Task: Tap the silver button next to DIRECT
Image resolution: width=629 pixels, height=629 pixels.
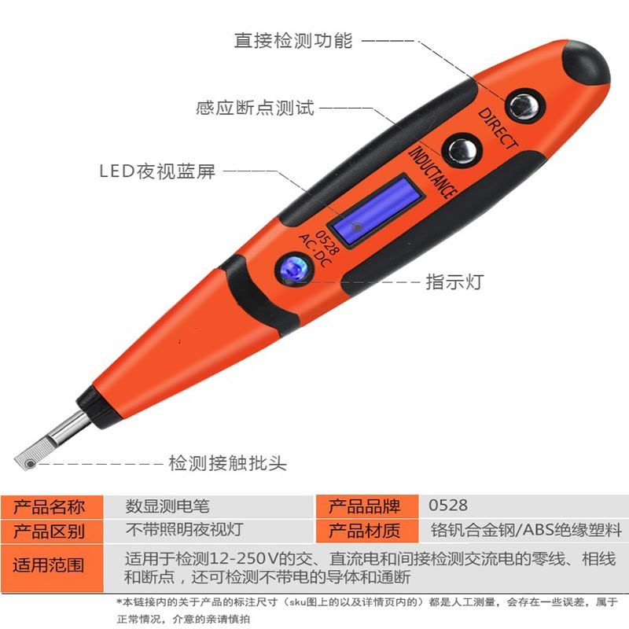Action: click(524, 106)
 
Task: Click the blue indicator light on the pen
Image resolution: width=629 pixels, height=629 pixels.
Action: click(293, 269)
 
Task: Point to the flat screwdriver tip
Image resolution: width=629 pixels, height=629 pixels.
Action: click(34, 455)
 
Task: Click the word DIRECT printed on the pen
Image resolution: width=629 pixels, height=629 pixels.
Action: click(498, 129)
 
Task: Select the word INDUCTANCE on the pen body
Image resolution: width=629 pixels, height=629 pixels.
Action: click(432, 173)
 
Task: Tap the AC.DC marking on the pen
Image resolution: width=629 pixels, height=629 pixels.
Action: click(315, 250)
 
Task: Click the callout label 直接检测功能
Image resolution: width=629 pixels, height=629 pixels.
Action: click(293, 41)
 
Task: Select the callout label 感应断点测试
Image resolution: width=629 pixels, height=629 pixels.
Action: click(255, 108)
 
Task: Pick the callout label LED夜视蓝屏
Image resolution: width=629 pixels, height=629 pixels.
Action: click(157, 171)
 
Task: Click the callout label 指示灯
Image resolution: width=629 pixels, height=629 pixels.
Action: click(454, 281)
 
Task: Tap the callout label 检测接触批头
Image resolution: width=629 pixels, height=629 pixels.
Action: click(227, 463)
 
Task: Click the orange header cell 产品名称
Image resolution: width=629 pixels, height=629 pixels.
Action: click(49, 507)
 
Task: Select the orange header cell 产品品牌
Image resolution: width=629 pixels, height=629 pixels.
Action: click(364, 506)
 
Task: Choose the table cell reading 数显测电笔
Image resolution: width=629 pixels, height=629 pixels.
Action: click(167, 506)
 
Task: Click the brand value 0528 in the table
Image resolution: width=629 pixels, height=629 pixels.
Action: click(447, 506)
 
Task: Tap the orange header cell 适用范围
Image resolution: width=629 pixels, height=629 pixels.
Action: click(49, 565)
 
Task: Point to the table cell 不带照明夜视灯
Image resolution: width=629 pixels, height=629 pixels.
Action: click(185, 530)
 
